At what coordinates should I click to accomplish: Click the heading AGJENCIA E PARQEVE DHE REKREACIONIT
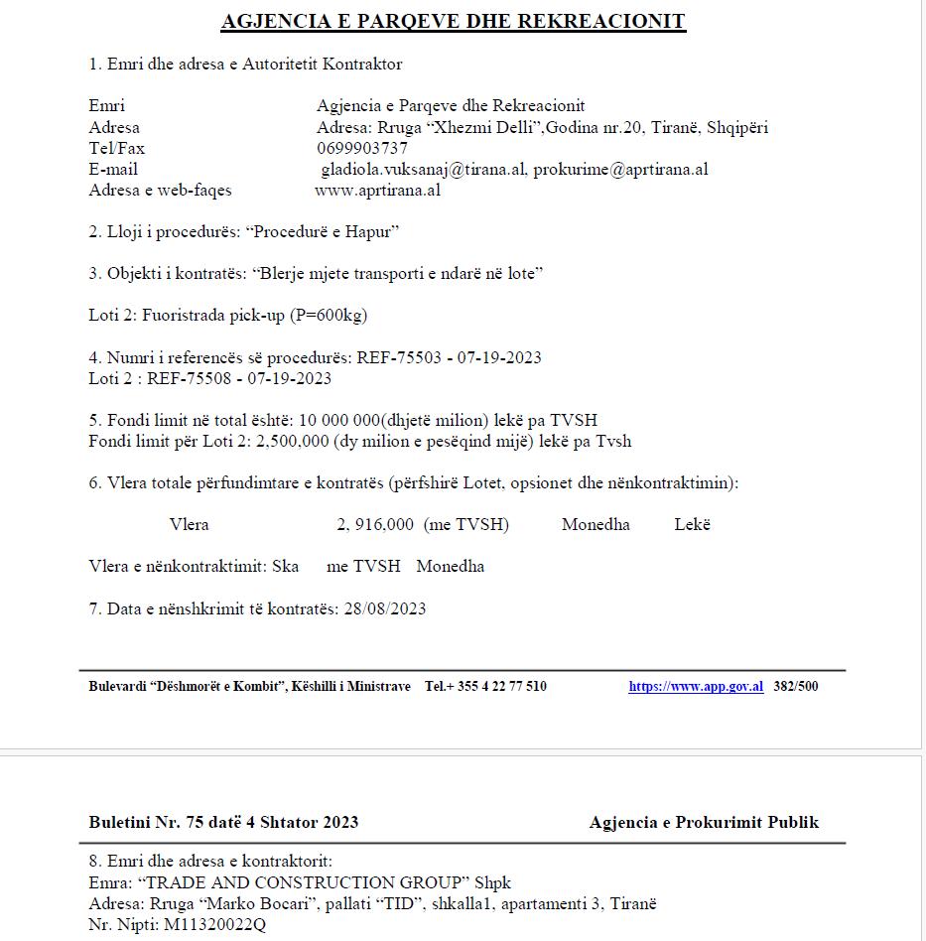[x=453, y=21]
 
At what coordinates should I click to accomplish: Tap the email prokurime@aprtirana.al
[x=620, y=170]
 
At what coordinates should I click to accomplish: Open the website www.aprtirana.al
[x=377, y=191]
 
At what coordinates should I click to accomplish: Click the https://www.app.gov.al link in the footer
[x=696, y=686]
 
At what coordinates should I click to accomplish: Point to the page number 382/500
[x=796, y=686]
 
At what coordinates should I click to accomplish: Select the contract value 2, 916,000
[x=375, y=525]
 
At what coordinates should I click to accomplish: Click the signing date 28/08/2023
[x=383, y=608]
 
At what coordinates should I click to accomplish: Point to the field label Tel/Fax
[x=116, y=149]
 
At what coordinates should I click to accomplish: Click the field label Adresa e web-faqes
[x=160, y=191]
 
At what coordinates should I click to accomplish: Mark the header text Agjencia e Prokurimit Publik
[x=704, y=822]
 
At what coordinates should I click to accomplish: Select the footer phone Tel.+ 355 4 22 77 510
[x=485, y=686]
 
